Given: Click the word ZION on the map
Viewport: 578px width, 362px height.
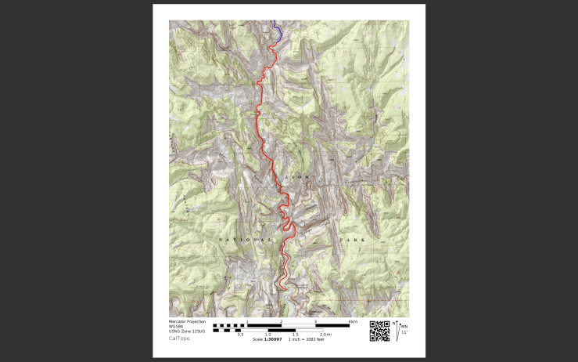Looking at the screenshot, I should click(x=295, y=178).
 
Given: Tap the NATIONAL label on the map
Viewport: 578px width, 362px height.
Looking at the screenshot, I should click(x=245, y=239).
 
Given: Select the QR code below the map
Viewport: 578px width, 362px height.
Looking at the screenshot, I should click(x=379, y=331).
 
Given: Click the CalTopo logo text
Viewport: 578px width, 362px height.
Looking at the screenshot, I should click(x=179, y=338).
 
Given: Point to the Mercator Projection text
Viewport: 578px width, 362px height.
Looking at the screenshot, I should click(x=188, y=321).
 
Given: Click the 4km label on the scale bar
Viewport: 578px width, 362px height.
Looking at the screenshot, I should click(x=353, y=321).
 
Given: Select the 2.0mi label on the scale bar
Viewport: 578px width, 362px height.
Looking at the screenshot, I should click(x=325, y=334).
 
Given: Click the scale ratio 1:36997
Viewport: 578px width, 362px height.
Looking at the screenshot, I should click(x=271, y=338).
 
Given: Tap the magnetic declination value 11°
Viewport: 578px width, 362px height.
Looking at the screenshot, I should click(x=404, y=332).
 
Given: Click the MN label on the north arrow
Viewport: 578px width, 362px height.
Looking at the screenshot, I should click(x=404, y=326).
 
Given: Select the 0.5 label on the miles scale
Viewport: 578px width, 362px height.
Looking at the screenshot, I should click(x=240, y=334).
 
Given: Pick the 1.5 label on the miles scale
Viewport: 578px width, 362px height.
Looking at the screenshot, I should click(x=295, y=334).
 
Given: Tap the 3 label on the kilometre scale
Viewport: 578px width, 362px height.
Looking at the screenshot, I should click(x=315, y=321).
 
